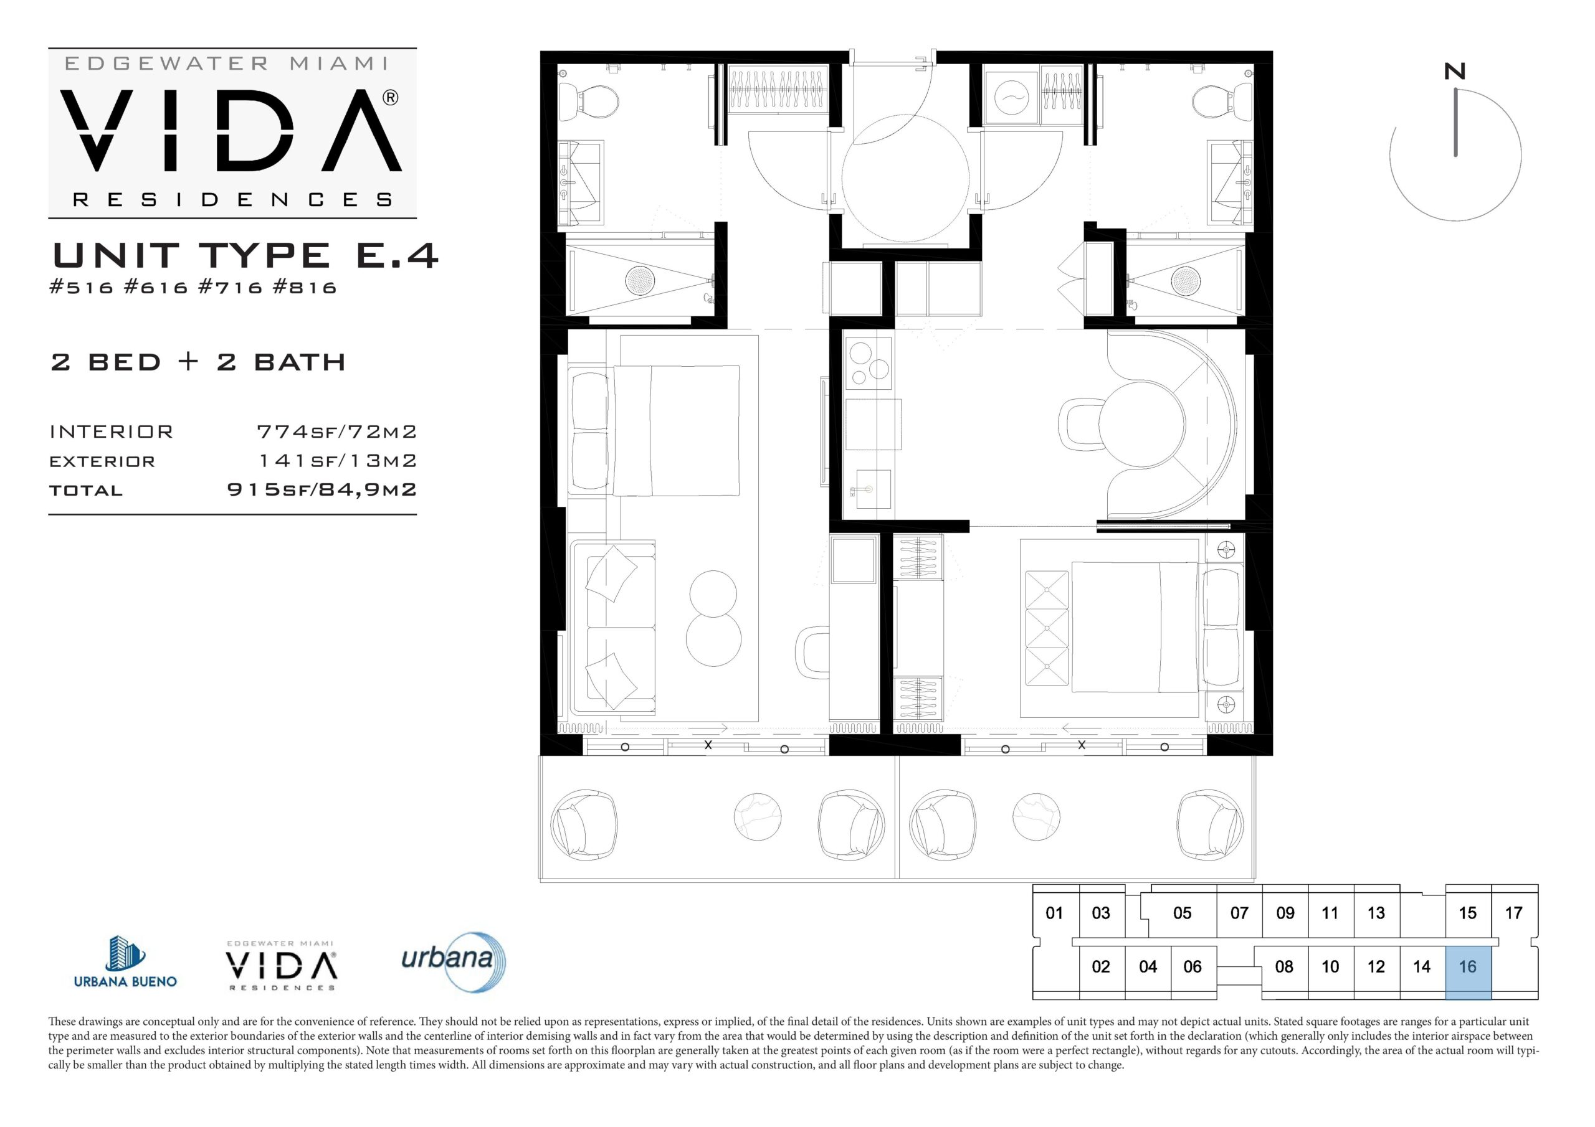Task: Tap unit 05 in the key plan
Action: click(1182, 913)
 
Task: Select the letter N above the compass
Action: click(1455, 72)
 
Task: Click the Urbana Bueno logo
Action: click(125, 962)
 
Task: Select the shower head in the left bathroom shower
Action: click(640, 280)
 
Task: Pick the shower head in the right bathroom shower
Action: click(1186, 280)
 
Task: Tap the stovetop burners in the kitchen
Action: click(869, 362)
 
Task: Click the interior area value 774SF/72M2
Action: click(337, 432)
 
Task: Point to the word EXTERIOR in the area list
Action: click(102, 461)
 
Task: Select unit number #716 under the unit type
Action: click(231, 288)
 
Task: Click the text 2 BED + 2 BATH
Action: click(198, 362)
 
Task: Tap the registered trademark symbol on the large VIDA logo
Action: click(391, 98)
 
